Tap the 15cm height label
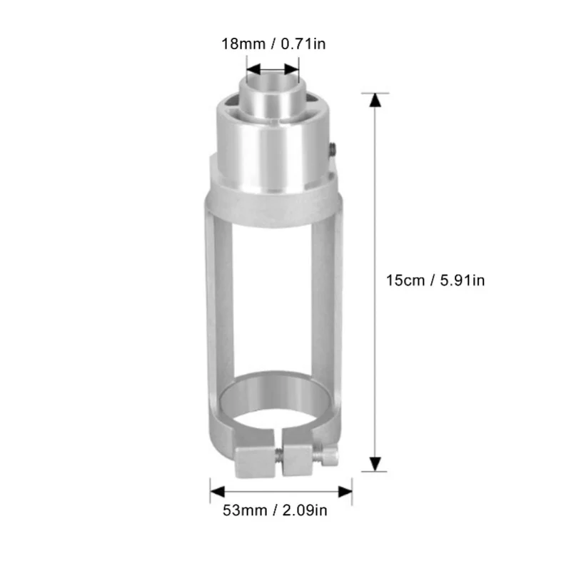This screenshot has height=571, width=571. coord(404,281)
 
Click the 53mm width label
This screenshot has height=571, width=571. coord(240,510)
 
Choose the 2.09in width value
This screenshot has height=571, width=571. coord(305,510)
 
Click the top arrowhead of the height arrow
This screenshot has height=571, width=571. coord(372,101)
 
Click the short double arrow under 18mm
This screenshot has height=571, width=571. coord(271,70)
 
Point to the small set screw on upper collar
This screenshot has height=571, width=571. coord(333,148)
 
